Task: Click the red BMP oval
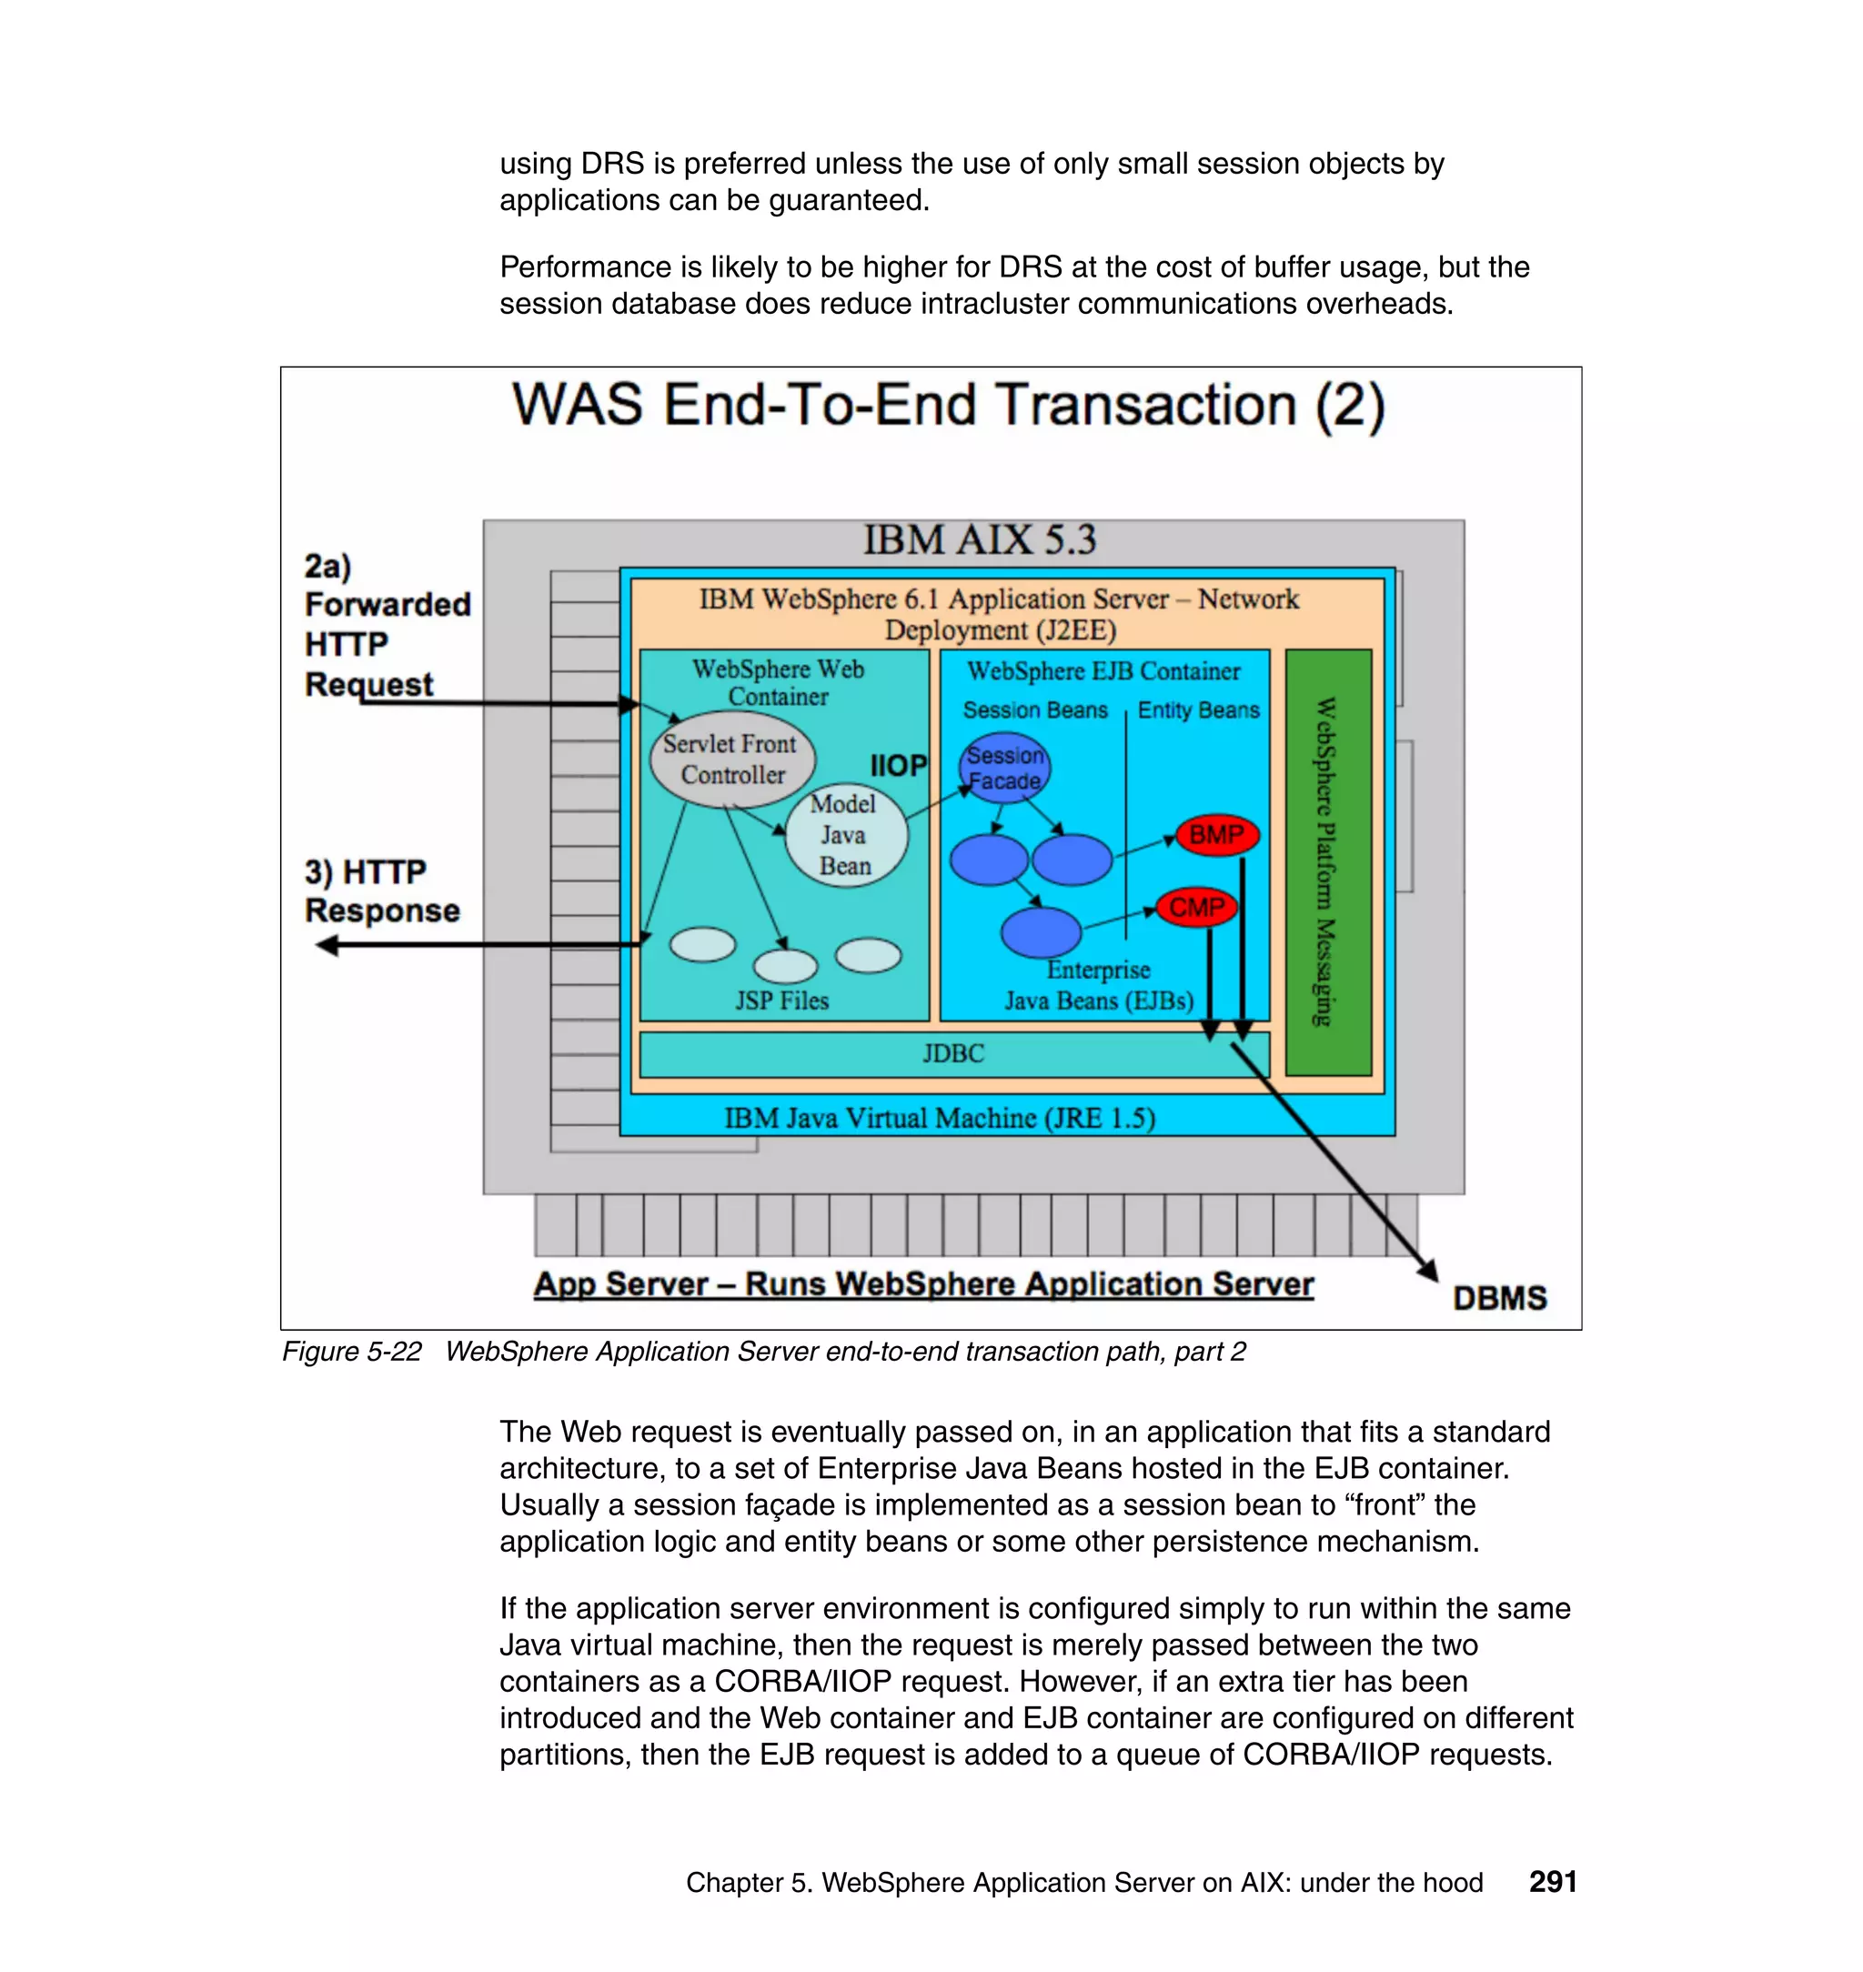pos(1216,835)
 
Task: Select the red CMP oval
pos(1196,907)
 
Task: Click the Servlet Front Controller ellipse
pos(732,760)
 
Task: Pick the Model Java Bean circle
pos(845,835)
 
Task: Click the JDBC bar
pos(953,1053)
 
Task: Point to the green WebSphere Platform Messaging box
pos(1328,862)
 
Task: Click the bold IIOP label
pos(898,766)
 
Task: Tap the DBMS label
pos(1498,1298)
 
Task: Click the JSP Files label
pos(781,1001)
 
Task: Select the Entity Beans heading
pos(1198,710)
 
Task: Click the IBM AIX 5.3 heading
pos(979,540)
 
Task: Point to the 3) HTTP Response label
pos(381,890)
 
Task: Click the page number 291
pos(1552,1882)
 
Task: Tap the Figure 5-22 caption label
pos(351,1352)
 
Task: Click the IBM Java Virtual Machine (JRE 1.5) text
pos(940,1118)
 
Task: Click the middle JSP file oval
pos(784,965)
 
